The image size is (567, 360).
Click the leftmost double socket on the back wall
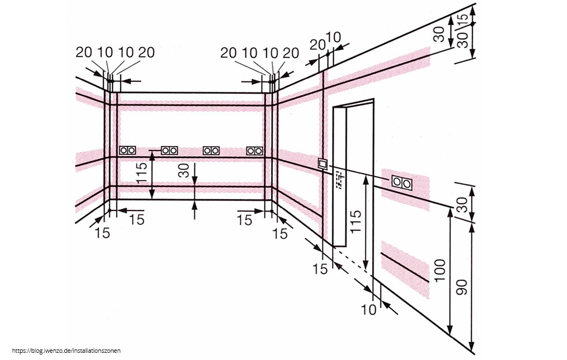(x=127, y=150)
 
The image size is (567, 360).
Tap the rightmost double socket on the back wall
(x=254, y=150)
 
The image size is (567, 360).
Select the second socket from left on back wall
(x=169, y=150)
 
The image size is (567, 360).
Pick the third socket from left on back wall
(x=211, y=150)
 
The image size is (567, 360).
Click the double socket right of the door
(x=401, y=182)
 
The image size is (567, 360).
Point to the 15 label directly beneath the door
(x=320, y=269)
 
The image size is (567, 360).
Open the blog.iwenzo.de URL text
(x=65, y=351)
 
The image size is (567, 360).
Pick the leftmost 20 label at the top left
(x=84, y=53)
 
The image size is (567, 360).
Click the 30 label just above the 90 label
(x=462, y=204)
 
